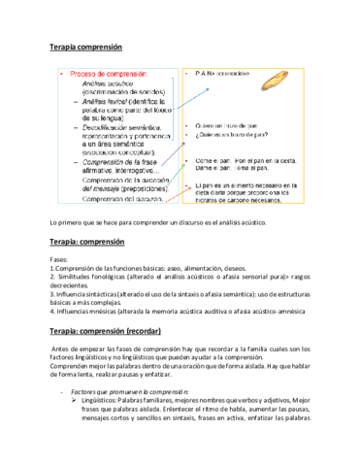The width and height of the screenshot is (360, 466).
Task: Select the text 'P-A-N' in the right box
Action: pyautogui.click(x=207, y=73)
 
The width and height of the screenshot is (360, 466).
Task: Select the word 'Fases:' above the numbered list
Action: pyautogui.click(x=60, y=261)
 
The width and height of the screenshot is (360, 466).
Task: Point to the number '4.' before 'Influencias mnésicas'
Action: pyautogui.click(x=52, y=312)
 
